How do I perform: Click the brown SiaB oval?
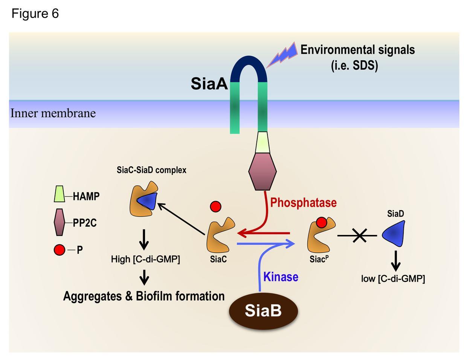[264, 311]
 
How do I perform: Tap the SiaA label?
[209, 83]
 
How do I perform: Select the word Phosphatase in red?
[303, 203]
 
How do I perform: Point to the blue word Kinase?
[281, 277]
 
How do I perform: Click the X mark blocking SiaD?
[360, 236]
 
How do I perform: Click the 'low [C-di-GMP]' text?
[393, 279]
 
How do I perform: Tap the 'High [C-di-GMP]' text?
[145, 259]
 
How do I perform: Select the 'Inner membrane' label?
[53, 113]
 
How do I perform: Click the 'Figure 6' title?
[35, 14]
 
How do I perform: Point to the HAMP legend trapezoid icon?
[59, 194]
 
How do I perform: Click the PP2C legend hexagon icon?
[60, 222]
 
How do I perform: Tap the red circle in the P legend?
[60, 250]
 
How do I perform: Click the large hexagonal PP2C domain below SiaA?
[262, 171]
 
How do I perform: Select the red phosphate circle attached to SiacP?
[321, 223]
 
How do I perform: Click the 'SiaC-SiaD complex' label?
[151, 170]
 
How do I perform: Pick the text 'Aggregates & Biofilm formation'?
[144, 296]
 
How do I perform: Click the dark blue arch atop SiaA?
[249, 66]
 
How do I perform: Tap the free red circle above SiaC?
[215, 206]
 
